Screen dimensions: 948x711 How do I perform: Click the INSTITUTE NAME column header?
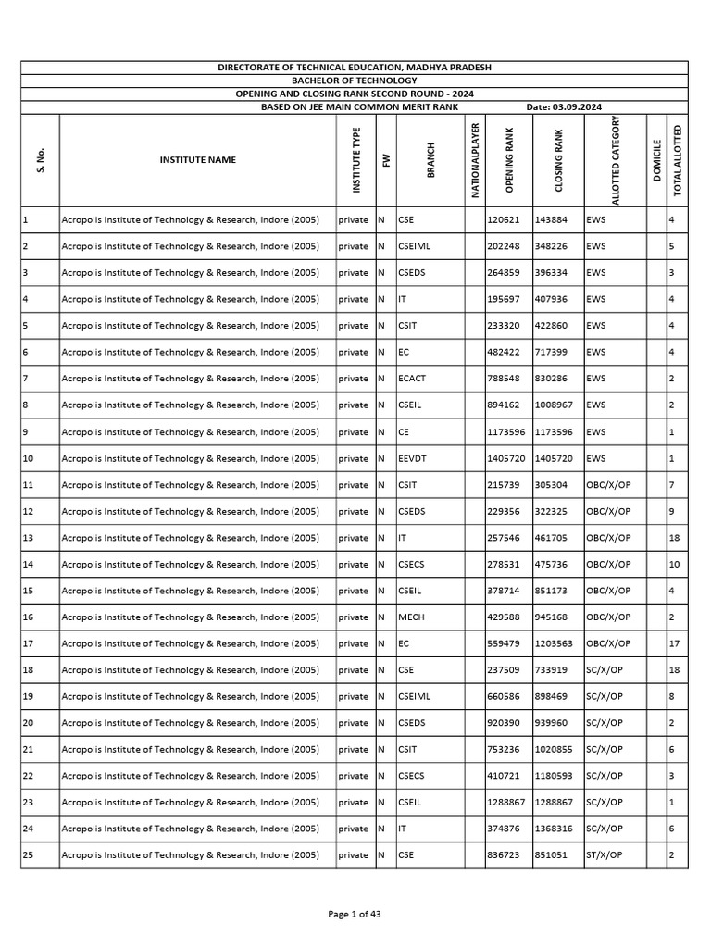(197, 159)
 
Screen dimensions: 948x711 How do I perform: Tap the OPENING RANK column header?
(508, 159)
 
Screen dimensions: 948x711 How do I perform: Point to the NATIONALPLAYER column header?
(475, 159)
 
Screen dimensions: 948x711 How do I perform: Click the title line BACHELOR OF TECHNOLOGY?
(355, 81)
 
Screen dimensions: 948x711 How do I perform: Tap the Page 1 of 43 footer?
(355, 914)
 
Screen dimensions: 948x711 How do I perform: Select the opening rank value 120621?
(504, 220)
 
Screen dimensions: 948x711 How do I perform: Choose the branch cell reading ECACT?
(413, 379)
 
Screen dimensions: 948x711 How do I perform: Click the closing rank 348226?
(552, 247)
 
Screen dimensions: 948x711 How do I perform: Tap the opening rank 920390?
(504, 723)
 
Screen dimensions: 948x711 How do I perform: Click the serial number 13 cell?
(28, 538)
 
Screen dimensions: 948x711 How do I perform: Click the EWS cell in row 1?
(596, 220)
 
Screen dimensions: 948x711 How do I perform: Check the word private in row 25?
(353, 855)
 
